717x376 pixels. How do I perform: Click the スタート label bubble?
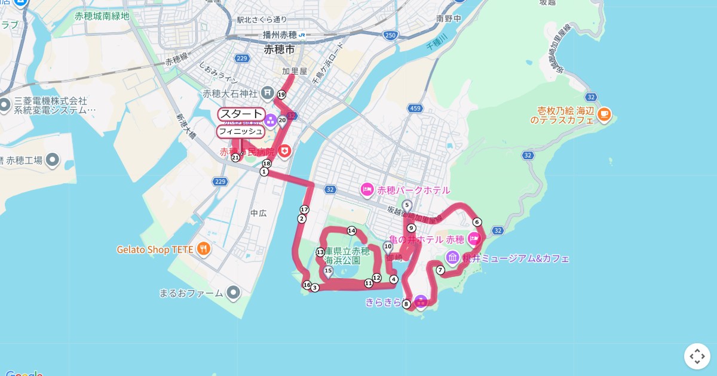point(241,114)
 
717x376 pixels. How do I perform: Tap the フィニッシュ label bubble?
point(240,131)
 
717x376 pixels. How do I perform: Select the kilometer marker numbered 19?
point(281,94)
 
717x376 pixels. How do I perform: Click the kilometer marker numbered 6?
point(477,222)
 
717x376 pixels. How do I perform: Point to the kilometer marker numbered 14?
point(351,230)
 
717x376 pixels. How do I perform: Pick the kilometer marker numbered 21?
point(235,158)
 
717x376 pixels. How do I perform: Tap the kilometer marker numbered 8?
point(406,304)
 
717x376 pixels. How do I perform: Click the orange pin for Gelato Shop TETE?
point(204,248)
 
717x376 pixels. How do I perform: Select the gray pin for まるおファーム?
point(233,292)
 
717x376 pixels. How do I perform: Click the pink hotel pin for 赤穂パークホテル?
point(367,190)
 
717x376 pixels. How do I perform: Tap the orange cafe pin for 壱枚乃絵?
point(604,113)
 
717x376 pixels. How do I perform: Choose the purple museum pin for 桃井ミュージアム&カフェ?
point(452,258)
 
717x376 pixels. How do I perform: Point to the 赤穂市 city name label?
point(279,50)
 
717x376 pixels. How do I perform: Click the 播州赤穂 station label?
point(280,35)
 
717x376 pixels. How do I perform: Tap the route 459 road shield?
point(415,109)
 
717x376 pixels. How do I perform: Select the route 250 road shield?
point(390,36)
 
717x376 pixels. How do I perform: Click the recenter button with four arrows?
point(697,356)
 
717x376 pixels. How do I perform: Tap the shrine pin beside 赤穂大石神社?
point(266,93)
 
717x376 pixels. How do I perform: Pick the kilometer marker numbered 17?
point(304,209)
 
